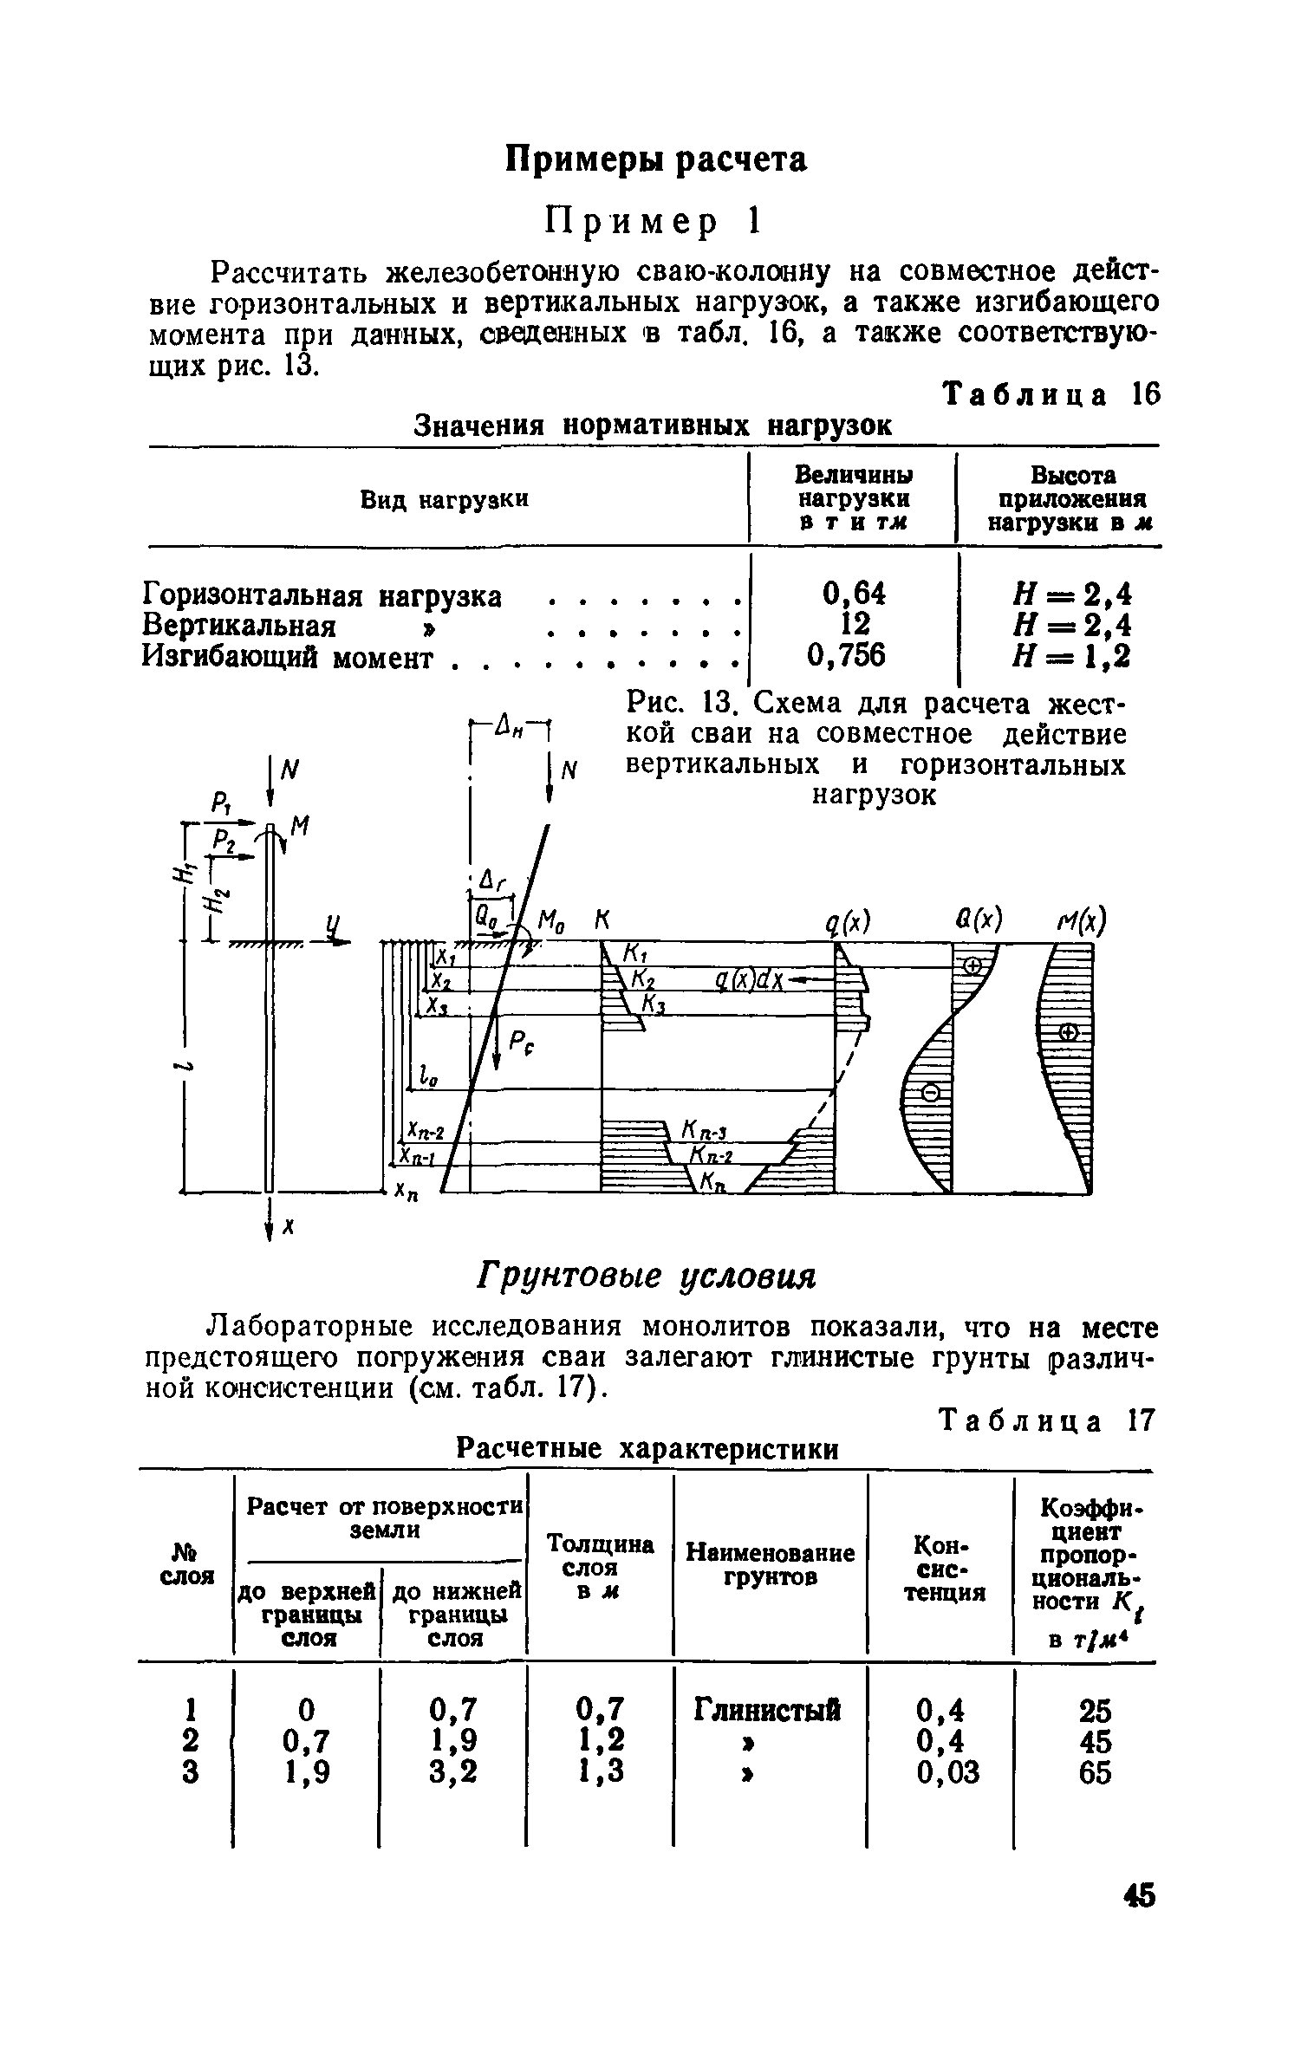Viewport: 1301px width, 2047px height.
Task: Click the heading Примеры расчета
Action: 656,160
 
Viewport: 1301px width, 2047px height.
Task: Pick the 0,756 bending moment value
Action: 846,656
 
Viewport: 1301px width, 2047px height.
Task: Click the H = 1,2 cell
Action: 1070,657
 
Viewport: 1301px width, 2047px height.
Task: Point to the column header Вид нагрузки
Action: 444,500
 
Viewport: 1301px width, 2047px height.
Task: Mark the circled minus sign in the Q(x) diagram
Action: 928,1093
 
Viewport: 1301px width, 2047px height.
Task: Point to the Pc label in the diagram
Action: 518,1044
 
